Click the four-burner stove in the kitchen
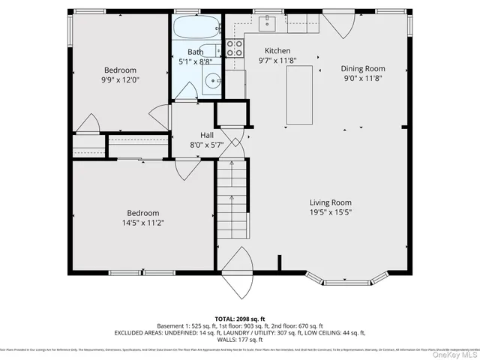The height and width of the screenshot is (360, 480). pos(234,49)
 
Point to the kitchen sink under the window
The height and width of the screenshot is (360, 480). pos(268,24)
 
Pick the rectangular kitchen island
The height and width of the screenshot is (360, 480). pos(301,94)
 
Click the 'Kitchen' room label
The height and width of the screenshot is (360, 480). pos(274,51)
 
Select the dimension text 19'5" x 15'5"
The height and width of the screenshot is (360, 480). pos(331,213)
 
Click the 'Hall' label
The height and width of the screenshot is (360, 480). pos(206,135)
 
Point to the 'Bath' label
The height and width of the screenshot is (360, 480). pos(195,52)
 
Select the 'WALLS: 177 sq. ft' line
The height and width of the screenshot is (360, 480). pos(240,338)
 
